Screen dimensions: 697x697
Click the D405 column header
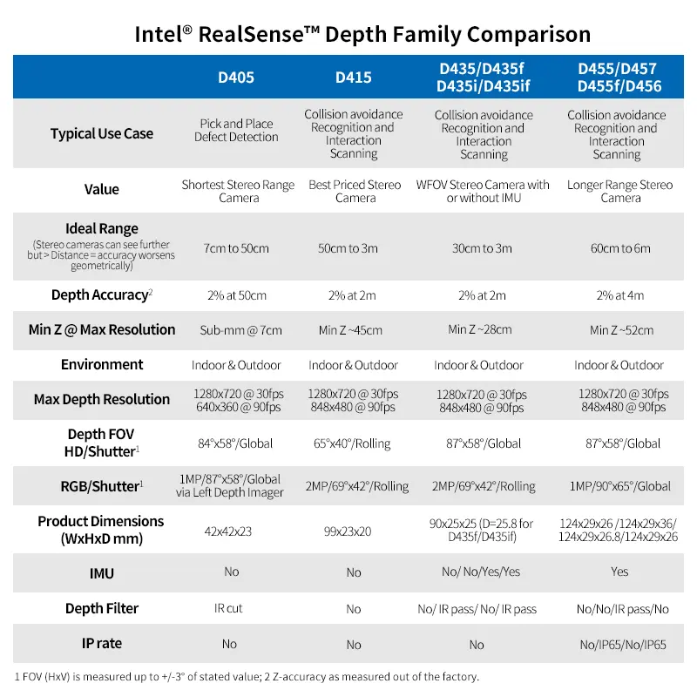tap(236, 78)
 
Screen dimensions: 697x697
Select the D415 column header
tap(353, 78)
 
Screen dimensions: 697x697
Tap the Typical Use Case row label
tap(101, 134)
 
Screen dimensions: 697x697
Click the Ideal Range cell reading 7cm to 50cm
tap(236, 248)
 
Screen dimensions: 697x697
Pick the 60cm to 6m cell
tap(620, 248)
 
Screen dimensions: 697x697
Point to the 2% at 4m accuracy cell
tap(620, 295)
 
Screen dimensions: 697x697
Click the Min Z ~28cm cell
tap(480, 329)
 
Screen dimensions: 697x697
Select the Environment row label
tap(102, 364)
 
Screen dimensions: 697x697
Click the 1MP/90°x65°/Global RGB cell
tap(620, 486)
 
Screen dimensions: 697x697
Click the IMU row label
tap(102, 573)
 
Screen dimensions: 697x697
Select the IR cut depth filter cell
tap(228, 608)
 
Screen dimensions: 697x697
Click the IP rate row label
tap(102, 643)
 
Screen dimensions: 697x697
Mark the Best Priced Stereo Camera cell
tap(355, 191)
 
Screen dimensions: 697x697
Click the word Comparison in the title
tap(529, 35)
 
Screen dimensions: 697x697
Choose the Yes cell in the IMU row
tap(619, 572)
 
